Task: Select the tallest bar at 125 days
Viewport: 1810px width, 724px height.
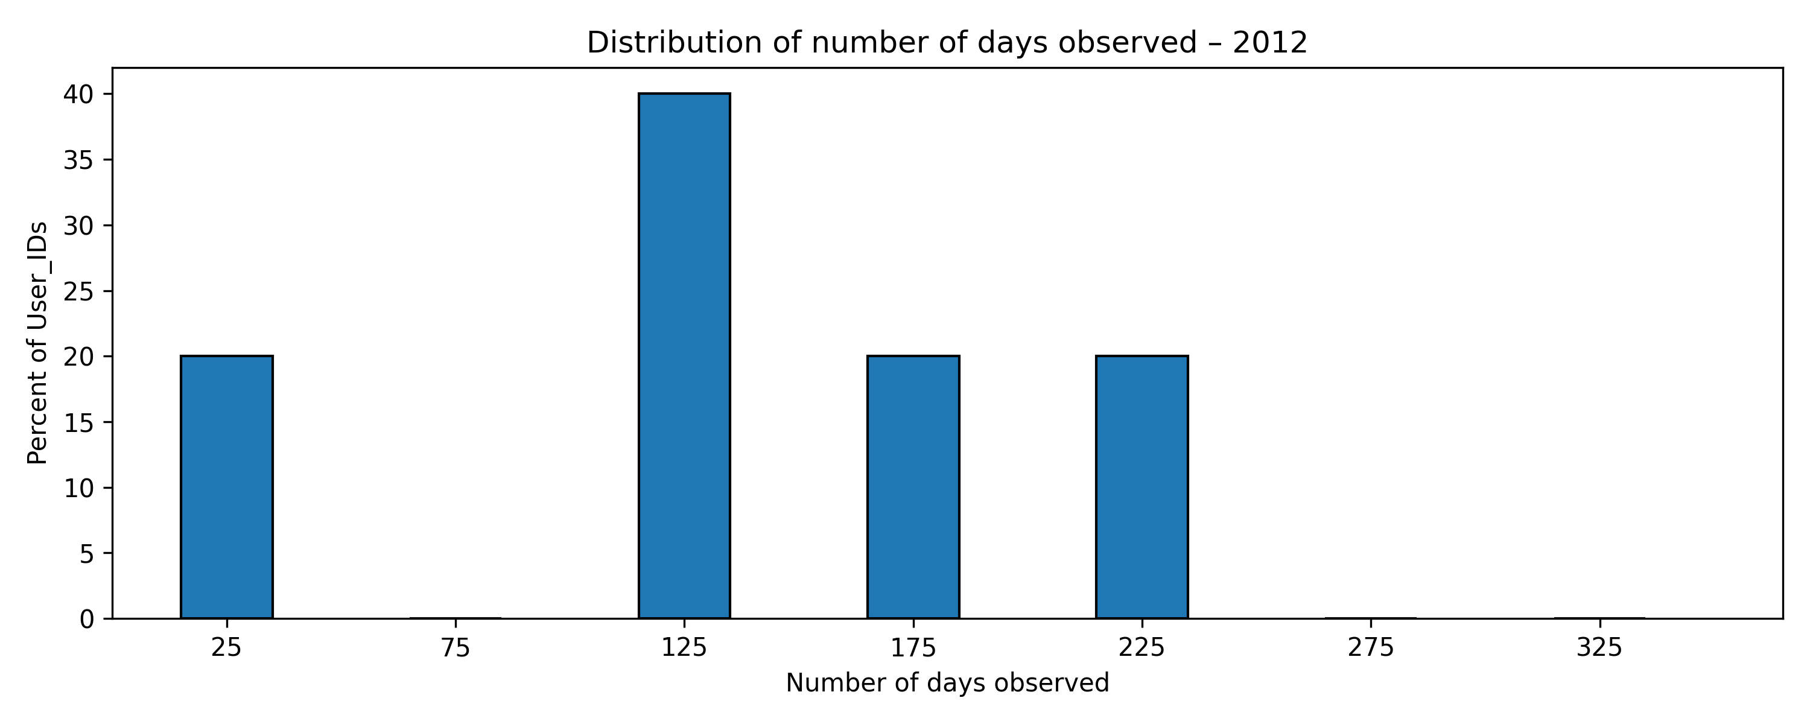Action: (x=684, y=356)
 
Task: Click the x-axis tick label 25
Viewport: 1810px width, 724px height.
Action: (x=226, y=647)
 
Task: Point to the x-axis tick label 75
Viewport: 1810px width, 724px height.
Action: (x=456, y=647)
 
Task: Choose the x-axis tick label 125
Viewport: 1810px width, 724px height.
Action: (x=684, y=647)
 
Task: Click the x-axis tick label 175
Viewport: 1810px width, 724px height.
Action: (x=913, y=647)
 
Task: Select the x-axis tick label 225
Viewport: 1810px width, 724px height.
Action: (x=1142, y=647)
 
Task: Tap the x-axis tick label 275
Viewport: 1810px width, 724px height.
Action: (x=1370, y=647)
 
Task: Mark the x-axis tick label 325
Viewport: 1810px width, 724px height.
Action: (x=1599, y=647)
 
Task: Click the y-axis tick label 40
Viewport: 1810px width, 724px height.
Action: (x=78, y=94)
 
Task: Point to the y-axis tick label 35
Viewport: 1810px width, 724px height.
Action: (x=78, y=160)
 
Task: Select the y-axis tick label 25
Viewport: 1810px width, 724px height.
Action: (x=78, y=291)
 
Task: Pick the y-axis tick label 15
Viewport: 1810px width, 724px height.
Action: (x=78, y=422)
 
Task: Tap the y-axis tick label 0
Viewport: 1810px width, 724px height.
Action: (x=86, y=619)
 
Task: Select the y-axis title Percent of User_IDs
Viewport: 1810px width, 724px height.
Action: (x=37, y=343)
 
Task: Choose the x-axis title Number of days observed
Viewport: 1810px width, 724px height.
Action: (x=947, y=683)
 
